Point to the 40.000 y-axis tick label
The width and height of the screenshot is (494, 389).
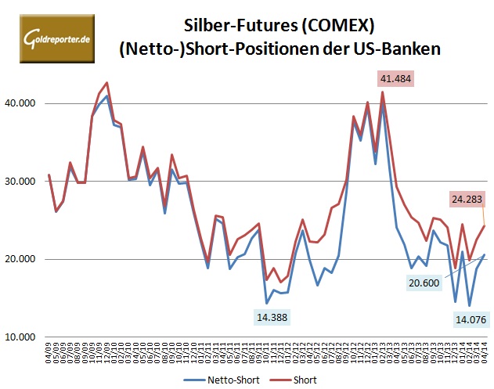[25, 103]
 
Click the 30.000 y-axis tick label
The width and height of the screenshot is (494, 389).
[25, 182]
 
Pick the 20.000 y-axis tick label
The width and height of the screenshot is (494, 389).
[25, 259]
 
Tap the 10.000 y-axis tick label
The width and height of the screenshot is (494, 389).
[25, 337]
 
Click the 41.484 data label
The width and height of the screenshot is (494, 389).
[395, 79]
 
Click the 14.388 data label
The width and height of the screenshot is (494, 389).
[274, 317]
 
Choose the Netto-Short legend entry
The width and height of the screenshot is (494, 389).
[227, 380]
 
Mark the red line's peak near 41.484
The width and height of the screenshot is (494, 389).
[383, 92]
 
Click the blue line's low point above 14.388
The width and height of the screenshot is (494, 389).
[267, 303]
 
